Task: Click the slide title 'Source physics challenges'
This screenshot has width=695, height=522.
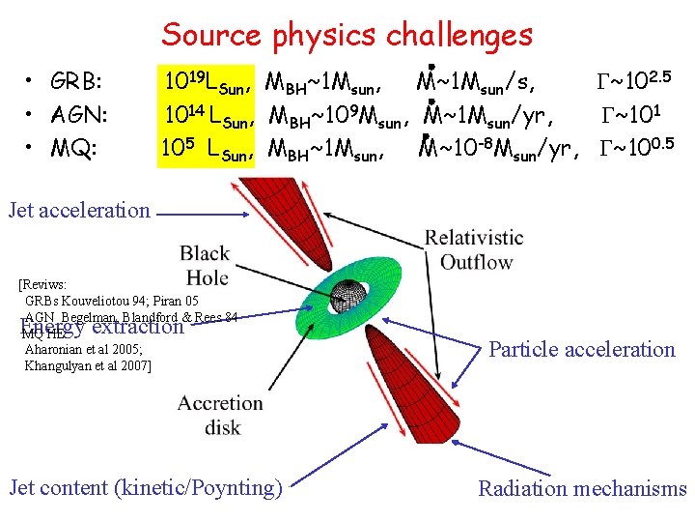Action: point(347,35)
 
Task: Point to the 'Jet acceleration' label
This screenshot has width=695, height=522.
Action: point(78,210)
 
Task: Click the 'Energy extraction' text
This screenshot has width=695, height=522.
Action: point(101,327)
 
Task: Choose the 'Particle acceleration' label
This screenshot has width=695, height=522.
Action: point(581,350)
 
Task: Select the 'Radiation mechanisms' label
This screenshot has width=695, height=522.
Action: point(582,489)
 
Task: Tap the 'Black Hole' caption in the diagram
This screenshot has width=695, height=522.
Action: point(204,266)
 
